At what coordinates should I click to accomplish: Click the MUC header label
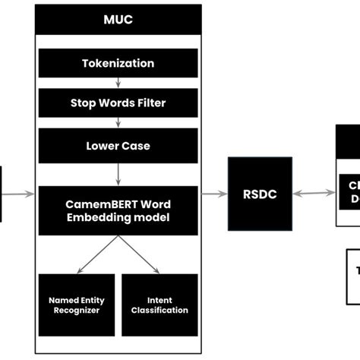tap(118, 19)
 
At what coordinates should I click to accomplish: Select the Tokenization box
tap(118, 63)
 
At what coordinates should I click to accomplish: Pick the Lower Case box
tap(118, 145)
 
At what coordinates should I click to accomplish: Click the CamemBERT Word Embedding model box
tap(118, 210)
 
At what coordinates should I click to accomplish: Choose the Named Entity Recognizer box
tap(76, 305)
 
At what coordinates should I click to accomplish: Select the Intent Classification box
tap(159, 305)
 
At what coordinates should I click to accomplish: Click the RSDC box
tap(260, 194)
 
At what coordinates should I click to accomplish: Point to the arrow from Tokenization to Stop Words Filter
tap(118, 83)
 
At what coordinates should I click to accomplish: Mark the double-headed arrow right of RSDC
tap(314, 194)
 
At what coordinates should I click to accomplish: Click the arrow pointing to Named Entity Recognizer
tap(97, 254)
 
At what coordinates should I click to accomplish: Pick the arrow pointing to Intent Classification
tap(138, 254)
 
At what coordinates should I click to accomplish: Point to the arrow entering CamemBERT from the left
tap(18, 194)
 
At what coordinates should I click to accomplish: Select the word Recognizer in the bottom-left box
tap(76, 311)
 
